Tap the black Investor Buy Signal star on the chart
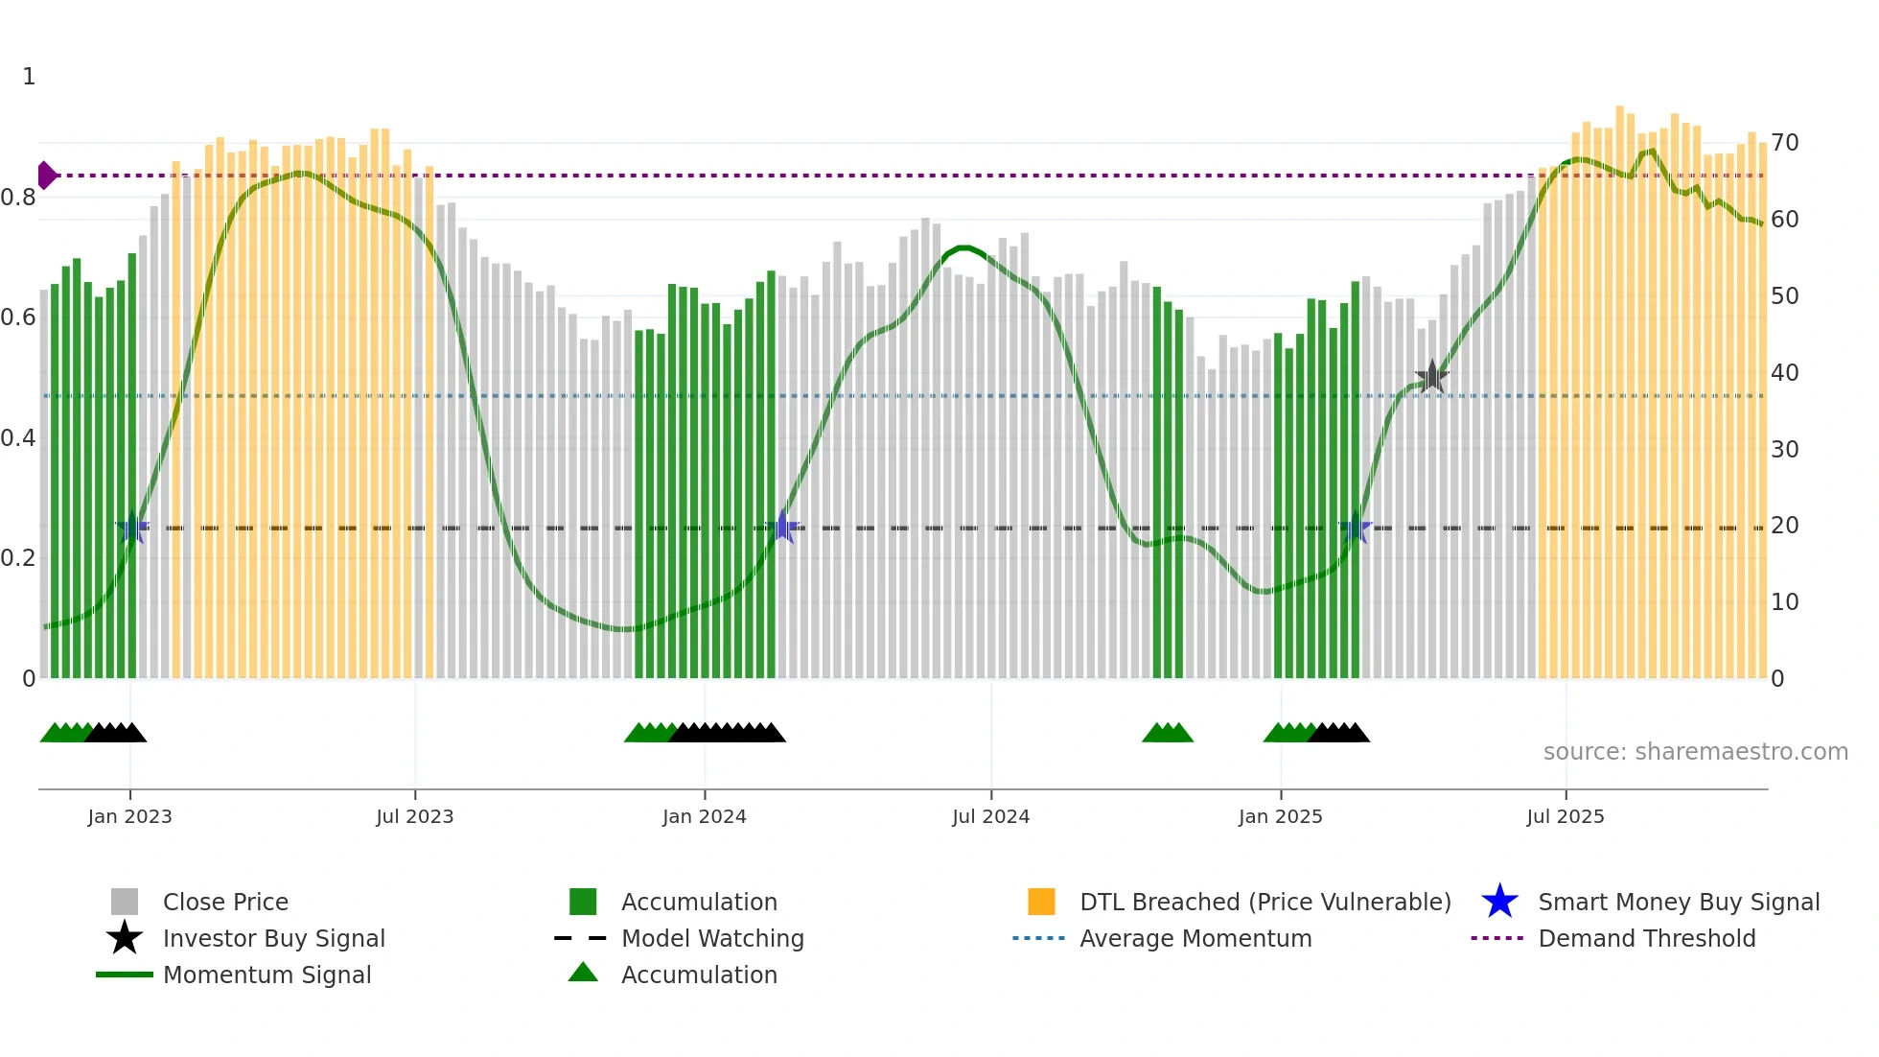point(1431,377)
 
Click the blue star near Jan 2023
point(132,528)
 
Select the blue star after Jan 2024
point(783,528)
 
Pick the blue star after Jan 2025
point(1356,528)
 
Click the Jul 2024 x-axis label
point(990,816)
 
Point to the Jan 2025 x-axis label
point(1280,816)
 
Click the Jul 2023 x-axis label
point(414,816)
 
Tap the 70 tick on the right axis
point(1784,143)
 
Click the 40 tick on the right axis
point(1784,372)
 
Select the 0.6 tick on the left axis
point(18,317)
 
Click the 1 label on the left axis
point(29,77)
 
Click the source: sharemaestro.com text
point(1695,752)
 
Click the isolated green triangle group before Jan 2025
point(1167,734)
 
